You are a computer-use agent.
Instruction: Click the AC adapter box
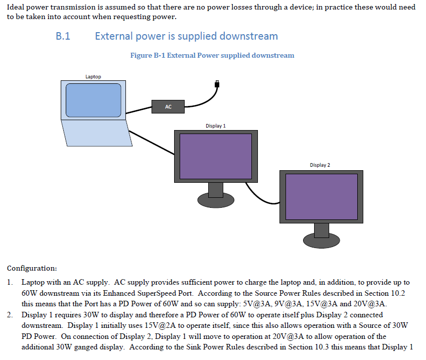click(x=168, y=106)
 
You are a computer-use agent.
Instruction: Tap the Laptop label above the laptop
click(x=93, y=77)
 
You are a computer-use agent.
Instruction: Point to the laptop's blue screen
click(x=93, y=100)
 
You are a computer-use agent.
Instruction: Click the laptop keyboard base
click(x=97, y=133)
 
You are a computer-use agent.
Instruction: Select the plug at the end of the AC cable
click(x=217, y=84)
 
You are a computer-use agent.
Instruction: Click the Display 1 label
click(x=216, y=126)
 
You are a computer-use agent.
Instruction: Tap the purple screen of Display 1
click(x=216, y=156)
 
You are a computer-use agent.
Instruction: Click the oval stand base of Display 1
click(x=216, y=201)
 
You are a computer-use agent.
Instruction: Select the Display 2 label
click(x=320, y=165)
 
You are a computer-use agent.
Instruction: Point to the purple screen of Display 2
click(x=322, y=197)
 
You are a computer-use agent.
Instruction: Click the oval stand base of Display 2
click(x=322, y=241)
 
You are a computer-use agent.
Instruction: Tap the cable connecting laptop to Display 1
click(x=152, y=143)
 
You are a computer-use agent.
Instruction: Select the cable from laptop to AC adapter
click(x=139, y=110)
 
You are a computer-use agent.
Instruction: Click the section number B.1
click(x=63, y=36)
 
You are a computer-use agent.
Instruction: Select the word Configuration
click(x=32, y=269)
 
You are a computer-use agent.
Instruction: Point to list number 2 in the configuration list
click(x=10, y=315)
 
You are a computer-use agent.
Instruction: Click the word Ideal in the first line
click(x=16, y=7)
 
